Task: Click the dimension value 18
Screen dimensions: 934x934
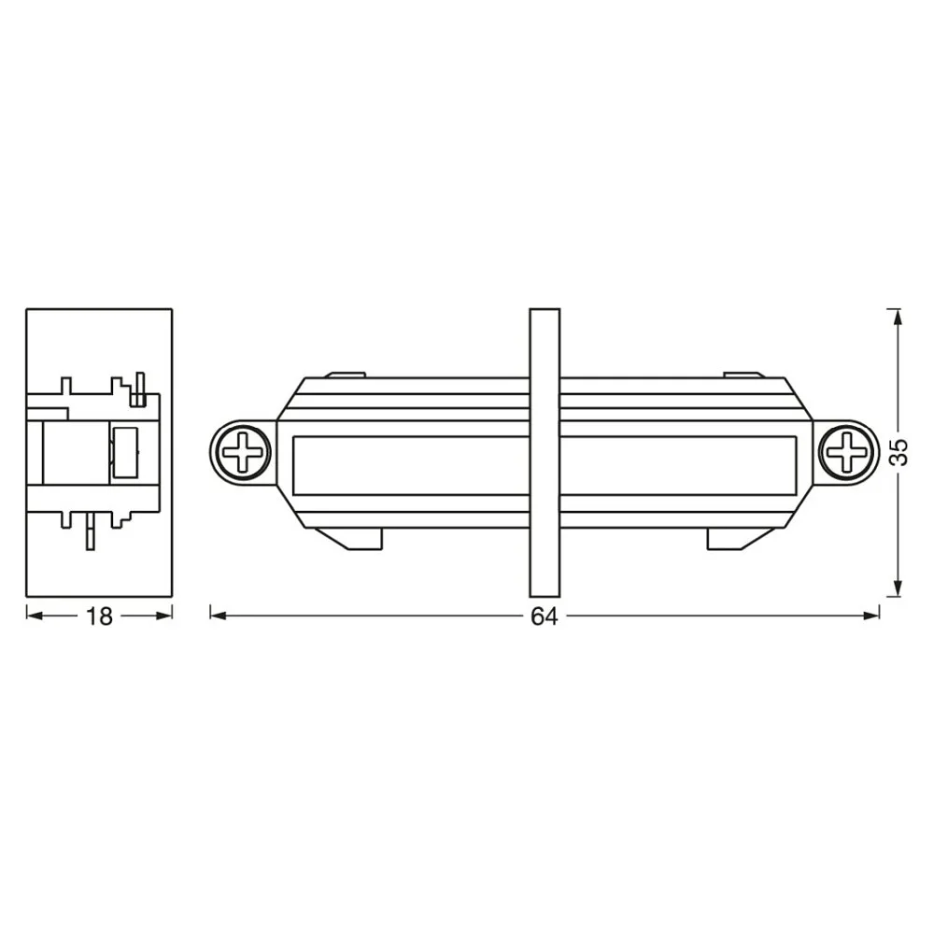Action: pos(100,616)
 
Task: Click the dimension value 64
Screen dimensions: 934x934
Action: pos(545,616)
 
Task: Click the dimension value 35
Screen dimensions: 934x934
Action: pos(899,452)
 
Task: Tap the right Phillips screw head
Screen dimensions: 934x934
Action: pos(846,452)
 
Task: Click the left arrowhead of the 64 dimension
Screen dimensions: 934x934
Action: pos(219,616)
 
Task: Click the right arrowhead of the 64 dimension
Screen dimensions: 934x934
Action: pos(870,616)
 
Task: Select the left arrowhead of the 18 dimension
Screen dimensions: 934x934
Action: pos(35,616)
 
